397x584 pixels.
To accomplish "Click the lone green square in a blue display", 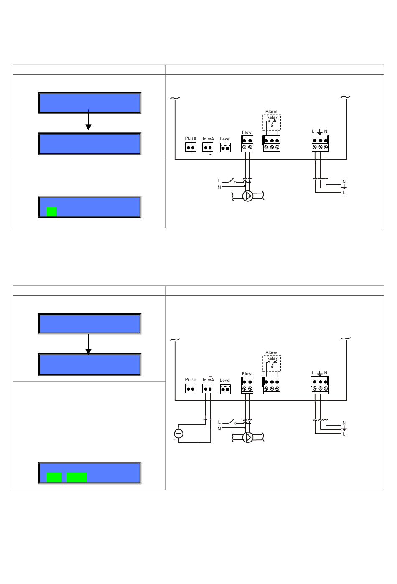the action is point(51,212).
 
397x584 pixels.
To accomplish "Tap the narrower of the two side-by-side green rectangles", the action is point(54,477).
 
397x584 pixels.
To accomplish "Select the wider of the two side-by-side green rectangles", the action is point(76,477).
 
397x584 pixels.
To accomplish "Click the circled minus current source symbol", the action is point(178,434).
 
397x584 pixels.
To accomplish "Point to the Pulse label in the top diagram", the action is point(191,138).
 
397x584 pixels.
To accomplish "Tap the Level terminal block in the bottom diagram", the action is point(225,389).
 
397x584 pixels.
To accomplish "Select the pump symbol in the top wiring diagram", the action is point(247,196).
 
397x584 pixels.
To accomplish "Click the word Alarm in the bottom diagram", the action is point(271,353).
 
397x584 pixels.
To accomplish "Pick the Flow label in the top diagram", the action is point(247,132).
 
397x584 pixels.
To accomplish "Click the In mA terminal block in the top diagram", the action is point(208,147).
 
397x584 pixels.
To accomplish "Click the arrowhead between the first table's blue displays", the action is point(89,127).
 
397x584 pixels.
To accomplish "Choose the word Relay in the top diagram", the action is point(272,117).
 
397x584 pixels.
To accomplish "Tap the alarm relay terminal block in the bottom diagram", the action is point(271,385).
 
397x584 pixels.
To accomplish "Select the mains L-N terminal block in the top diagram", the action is point(320,144).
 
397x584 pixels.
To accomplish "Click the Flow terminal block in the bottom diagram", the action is point(247,385).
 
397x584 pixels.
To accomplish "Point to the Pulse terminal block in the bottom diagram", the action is point(191,388).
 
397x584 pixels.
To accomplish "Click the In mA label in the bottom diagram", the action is point(208,380).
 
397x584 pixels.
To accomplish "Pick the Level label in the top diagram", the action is point(225,139).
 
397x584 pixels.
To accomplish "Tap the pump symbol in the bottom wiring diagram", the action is point(247,437).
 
